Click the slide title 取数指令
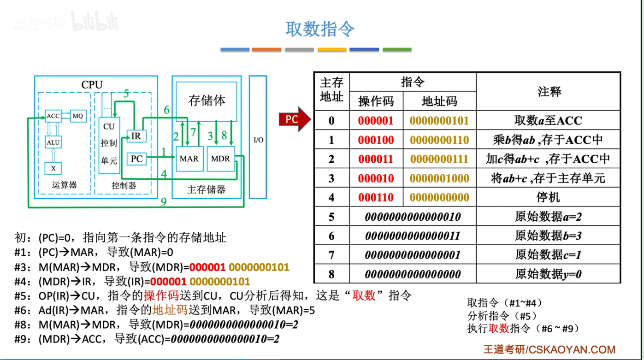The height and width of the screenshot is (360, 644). (x=320, y=29)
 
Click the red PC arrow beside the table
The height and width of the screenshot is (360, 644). (x=294, y=119)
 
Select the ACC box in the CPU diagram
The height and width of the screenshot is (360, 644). (x=53, y=116)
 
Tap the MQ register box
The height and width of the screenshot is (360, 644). (x=78, y=116)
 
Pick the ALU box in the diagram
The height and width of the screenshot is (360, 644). (x=53, y=142)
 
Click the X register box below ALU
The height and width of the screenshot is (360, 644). (x=53, y=168)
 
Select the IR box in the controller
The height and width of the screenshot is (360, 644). (x=136, y=136)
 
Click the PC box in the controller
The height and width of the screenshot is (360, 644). (x=136, y=159)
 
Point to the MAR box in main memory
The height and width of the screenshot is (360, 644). (x=189, y=159)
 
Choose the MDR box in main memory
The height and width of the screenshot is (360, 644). (x=220, y=159)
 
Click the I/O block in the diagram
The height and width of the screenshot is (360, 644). (x=258, y=139)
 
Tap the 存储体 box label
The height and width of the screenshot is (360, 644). (x=207, y=100)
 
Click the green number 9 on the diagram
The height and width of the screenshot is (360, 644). (x=163, y=201)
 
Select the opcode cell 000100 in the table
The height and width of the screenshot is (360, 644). (x=376, y=140)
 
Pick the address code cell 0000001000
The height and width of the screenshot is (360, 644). (x=439, y=178)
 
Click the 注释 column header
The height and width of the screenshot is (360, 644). (x=549, y=91)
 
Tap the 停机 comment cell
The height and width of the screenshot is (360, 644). (x=548, y=198)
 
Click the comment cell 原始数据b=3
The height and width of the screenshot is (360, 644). (x=548, y=236)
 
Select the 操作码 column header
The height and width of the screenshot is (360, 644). (x=376, y=101)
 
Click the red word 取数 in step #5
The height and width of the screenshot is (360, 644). (x=364, y=295)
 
